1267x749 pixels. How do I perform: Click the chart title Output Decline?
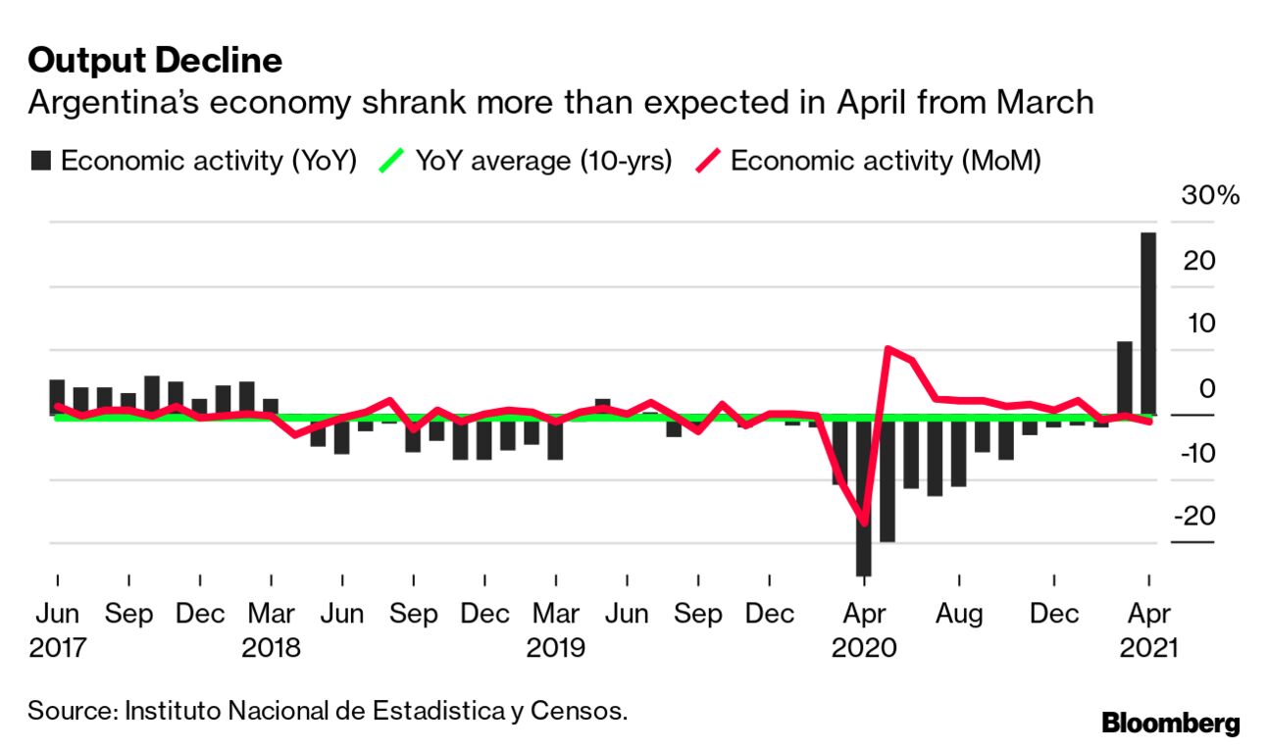(155, 62)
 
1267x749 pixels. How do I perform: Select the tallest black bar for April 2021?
(1147, 324)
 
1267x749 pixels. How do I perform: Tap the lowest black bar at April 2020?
(864, 495)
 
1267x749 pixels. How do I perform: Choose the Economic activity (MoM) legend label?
(886, 161)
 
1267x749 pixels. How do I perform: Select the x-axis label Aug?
(958, 615)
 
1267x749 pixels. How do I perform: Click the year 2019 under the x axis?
(556, 648)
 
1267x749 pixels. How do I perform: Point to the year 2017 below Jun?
(57, 648)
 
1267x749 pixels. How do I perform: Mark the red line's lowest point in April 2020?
(864, 523)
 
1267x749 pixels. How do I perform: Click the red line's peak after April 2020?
(887, 349)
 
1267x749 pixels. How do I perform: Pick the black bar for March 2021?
(1124, 378)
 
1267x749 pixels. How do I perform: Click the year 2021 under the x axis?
(1147, 648)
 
